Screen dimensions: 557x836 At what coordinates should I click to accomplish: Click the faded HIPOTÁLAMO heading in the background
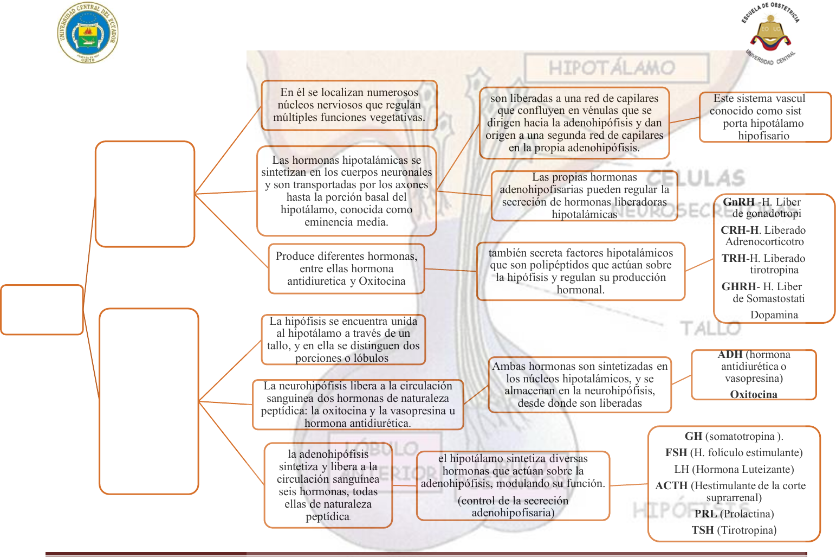(x=612, y=68)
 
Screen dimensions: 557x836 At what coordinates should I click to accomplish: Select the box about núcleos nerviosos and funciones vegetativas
(x=349, y=105)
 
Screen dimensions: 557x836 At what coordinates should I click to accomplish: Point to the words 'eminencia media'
(x=346, y=222)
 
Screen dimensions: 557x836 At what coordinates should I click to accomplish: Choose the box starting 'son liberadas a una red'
(x=574, y=123)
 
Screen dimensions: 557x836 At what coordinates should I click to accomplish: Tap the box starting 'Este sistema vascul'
(x=764, y=117)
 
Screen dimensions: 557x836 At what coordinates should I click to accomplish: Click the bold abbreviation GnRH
(x=738, y=202)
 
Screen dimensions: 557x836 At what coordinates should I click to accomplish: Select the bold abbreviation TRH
(x=734, y=258)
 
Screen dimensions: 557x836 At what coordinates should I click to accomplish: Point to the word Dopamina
(x=774, y=315)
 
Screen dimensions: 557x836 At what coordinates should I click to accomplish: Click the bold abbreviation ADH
(x=730, y=355)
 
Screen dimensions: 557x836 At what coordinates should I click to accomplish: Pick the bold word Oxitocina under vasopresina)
(x=754, y=394)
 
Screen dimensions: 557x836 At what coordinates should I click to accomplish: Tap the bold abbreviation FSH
(x=676, y=452)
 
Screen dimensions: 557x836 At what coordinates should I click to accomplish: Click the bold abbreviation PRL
(x=705, y=514)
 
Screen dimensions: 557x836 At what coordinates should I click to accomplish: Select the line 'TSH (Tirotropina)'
(x=734, y=530)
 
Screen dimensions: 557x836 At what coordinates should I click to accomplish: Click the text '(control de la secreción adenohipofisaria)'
(x=513, y=507)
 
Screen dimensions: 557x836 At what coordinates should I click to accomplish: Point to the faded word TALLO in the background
(x=710, y=328)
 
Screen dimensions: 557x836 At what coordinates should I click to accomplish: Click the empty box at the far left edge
(x=42, y=310)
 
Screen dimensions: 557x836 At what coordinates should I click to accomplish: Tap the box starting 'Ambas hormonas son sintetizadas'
(x=579, y=385)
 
